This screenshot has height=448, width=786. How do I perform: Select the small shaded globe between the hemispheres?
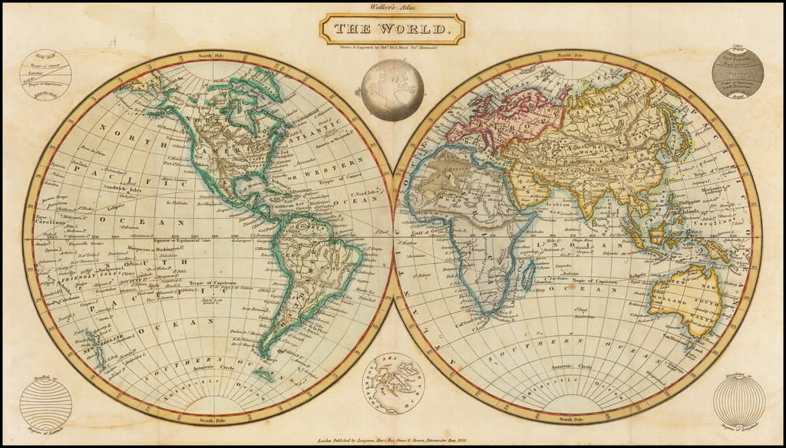(392, 90)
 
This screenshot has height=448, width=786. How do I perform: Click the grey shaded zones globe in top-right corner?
(737, 71)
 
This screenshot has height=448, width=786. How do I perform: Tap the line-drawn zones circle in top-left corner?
(45, 75)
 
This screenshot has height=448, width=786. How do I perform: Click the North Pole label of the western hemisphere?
(208, 56)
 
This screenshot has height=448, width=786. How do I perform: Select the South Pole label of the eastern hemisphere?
(576, 420)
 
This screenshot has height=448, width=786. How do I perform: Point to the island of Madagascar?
(528, 274)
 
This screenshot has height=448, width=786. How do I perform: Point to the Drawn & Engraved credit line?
(392, 47)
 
